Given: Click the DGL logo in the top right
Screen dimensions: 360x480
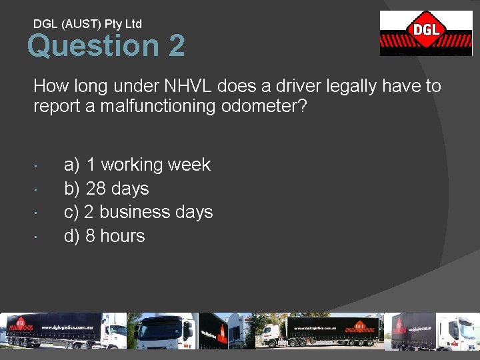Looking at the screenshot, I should pos(425,33).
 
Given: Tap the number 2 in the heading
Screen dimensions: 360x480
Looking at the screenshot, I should pos(177,47).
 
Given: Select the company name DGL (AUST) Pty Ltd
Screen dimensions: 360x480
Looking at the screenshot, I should pos(87,24).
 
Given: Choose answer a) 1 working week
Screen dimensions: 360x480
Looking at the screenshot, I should pos(137,165).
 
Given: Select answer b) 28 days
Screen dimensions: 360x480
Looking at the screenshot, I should pos(106,189).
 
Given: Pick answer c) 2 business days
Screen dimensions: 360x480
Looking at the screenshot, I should pos(138,212).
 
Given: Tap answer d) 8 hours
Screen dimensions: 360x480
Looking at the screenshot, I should pos(104,236).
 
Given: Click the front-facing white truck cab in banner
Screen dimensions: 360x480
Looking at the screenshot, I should pos(163,331).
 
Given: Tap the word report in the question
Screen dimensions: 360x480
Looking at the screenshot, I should pos(57,107).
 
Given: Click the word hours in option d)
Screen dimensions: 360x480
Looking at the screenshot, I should pos(122,236).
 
